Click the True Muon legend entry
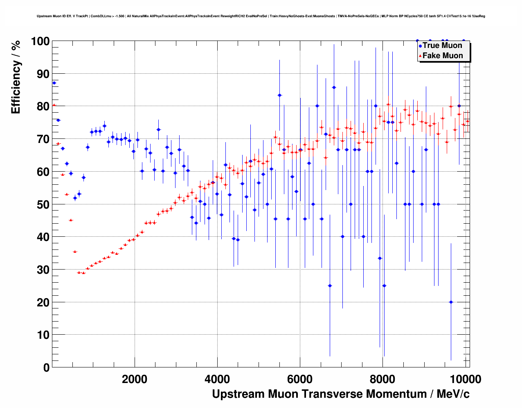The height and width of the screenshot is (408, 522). pos(442,45)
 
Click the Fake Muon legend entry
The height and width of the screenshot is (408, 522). pos(442,56)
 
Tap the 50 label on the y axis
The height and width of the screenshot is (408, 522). pos(43,204)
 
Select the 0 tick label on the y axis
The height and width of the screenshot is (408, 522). pos(46,367)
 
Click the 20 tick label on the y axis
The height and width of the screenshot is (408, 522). pos(43,302)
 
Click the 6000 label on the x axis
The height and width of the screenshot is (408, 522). pos(300,379)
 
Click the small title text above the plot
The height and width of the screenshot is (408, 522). pos(261,16)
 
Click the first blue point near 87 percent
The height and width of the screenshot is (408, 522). pos(54,83)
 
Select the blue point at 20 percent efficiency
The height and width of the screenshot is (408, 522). pos(451,302)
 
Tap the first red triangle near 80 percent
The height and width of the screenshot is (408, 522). pos(54,105)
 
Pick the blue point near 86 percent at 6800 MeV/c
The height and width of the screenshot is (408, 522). pos(334,87)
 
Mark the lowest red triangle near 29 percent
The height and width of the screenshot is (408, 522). pos(83,273)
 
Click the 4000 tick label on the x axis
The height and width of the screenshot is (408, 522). pos(217,379)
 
